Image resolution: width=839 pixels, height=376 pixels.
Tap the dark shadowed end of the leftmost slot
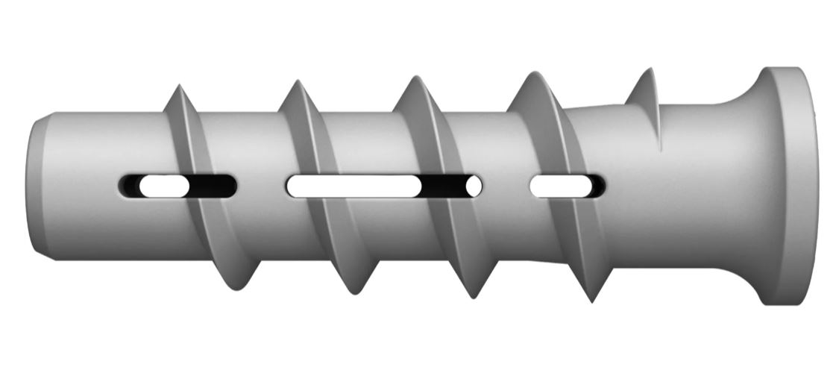tap(216, 186)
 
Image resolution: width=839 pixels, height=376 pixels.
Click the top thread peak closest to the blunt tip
tap(177, 88)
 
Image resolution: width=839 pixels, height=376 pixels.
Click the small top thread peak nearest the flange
tap(646, 72)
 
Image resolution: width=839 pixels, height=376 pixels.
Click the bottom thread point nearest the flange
tap(591, 301)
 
